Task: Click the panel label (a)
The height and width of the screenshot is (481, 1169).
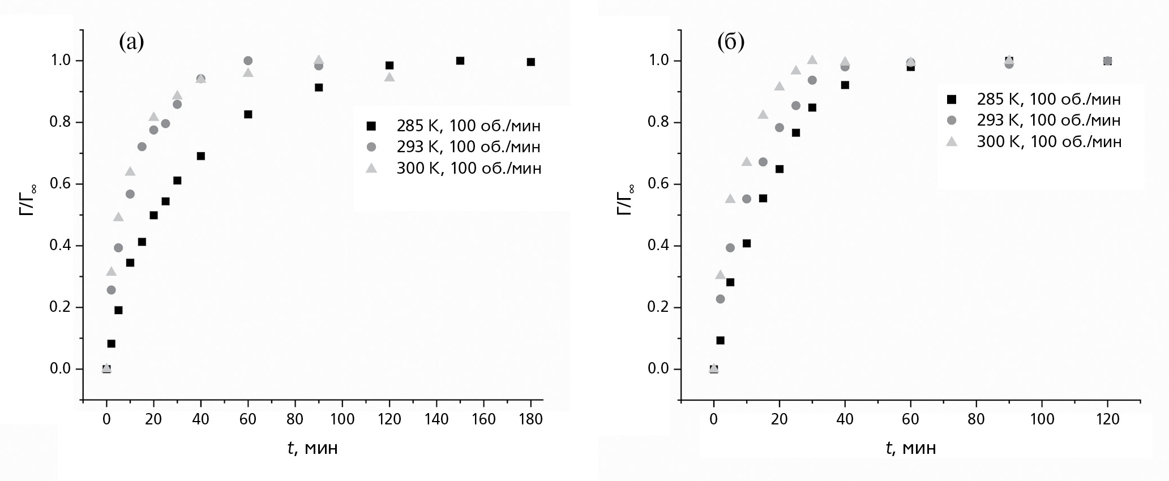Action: tap(131, 42)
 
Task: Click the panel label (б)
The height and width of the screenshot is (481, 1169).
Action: tap(730, 42)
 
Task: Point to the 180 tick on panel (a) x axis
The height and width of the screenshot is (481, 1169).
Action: tap(530, 419)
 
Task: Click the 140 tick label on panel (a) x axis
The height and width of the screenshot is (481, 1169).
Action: tap(436, 419)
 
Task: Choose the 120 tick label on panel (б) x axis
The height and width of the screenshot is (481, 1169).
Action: tap(1107, 419)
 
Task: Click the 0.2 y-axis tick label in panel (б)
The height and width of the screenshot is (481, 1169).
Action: tap(658, 307)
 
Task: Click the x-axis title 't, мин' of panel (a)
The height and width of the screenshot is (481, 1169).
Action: tap(312, 448)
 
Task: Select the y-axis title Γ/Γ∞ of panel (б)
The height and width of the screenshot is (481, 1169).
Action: tap(624, 200)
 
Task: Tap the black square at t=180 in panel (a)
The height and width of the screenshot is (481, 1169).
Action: tap(530, 62)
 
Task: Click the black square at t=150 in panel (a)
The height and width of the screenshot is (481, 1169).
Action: tap(460, 61)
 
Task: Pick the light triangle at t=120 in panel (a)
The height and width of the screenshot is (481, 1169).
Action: tap(389, 77)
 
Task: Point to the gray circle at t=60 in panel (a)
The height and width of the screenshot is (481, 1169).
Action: tap(248, 61)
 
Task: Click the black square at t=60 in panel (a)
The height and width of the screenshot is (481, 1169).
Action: tap(248, 114)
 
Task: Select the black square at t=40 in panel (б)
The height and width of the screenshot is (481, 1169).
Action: tap(845, 85)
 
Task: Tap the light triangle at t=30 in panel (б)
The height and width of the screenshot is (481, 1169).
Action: tap(812, 60)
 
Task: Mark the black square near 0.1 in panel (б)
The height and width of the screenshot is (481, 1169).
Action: tap(720, 340)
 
